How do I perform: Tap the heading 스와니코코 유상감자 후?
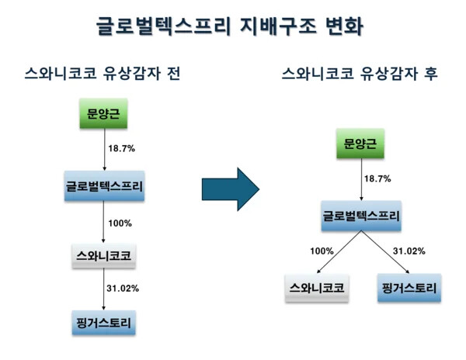pyautogui.click(x=359, y=74)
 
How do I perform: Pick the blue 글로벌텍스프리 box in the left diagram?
pyautogui.click(x=104, y=186)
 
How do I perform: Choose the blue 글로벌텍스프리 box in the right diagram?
pyautogui.click(x=361, y=216)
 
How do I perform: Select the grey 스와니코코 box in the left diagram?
pyautogui.click(x=104, y=255)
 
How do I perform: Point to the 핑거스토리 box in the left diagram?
pyautogui.click(x=104, y=320)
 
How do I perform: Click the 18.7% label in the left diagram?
pyautogui.click(x=122, y=147)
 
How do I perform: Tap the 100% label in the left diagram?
pyautogui.click(x=120, y=223)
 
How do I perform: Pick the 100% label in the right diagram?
pyautogui.click(x=322, y=251)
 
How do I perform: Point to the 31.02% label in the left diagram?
pyautogui.click(x=123, y=289)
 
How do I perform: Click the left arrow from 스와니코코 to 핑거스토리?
pyautogui.click(x=104, y=289)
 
